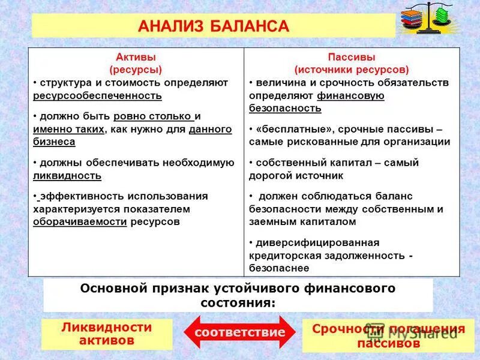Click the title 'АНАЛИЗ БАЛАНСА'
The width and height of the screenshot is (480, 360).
pos(214,26)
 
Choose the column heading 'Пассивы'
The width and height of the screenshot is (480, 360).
pos(352,57)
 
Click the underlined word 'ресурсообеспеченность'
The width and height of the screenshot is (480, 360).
pos(97,95)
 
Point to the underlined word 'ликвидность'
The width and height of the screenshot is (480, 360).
pos(67,176)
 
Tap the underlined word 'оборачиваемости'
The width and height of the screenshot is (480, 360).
pos(80,221)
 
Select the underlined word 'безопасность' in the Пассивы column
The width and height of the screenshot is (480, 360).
pos(285,109)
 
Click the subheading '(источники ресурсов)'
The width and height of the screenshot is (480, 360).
pos(352,70)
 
